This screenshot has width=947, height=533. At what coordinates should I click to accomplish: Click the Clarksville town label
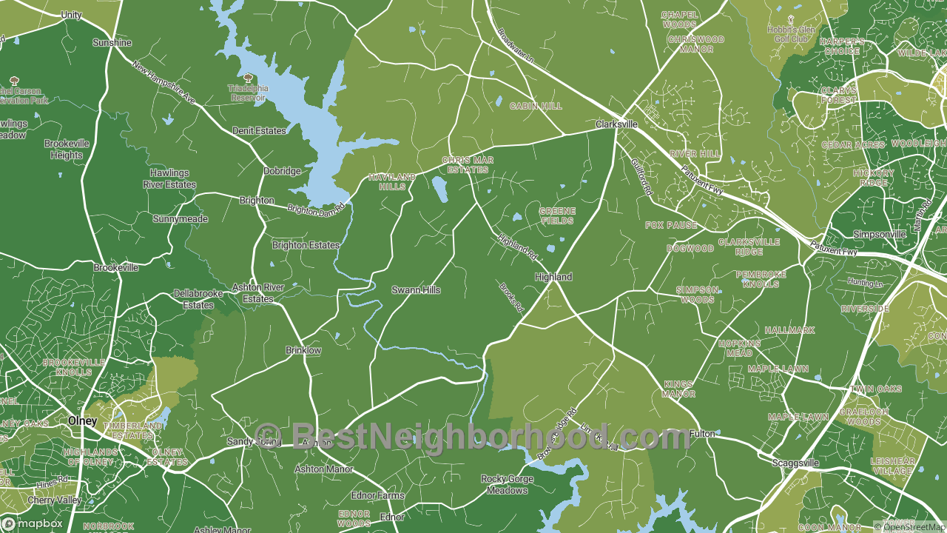point(617,125)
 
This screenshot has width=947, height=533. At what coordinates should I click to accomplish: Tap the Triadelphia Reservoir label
point(248,93)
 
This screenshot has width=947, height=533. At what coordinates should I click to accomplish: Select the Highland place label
point(553,277)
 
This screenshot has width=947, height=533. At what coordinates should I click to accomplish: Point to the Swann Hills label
point(416,290)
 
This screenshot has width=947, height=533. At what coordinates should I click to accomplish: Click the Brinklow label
point(303,349)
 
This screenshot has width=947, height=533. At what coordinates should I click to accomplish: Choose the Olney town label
point(82,420)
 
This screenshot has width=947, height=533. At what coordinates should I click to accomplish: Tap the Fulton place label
point(702,434)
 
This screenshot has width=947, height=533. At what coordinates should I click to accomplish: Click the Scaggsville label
point(795,463)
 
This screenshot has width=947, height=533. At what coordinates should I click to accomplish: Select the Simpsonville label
point(880,235)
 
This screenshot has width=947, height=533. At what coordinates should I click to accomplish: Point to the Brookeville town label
point(116,267)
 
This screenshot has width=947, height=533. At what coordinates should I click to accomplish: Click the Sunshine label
point(112,43)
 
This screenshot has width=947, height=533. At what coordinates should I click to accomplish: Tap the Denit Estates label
point(259,131)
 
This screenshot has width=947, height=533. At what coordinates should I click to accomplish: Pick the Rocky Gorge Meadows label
point(506,484)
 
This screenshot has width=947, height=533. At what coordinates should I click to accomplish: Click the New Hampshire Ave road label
point(164,81)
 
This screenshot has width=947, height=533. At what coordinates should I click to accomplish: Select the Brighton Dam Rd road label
point(317,210)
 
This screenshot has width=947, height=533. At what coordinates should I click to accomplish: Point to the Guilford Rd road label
point(642,178)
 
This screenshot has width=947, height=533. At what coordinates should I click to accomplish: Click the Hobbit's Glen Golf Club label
point(791,34)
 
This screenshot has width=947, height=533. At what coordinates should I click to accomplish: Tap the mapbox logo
point(33,523)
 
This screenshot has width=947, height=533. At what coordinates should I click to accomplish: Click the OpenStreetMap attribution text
point(909,527)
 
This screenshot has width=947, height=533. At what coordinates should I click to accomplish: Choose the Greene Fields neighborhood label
point(557,215)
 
